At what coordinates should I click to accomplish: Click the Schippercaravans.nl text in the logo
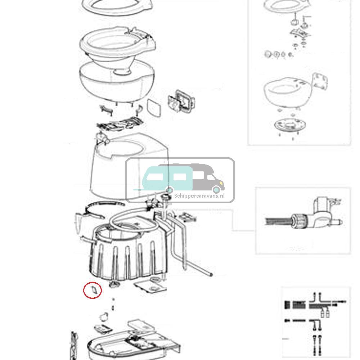199,195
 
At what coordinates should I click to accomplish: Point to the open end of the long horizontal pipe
210,275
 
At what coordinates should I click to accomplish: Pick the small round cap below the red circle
103,317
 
